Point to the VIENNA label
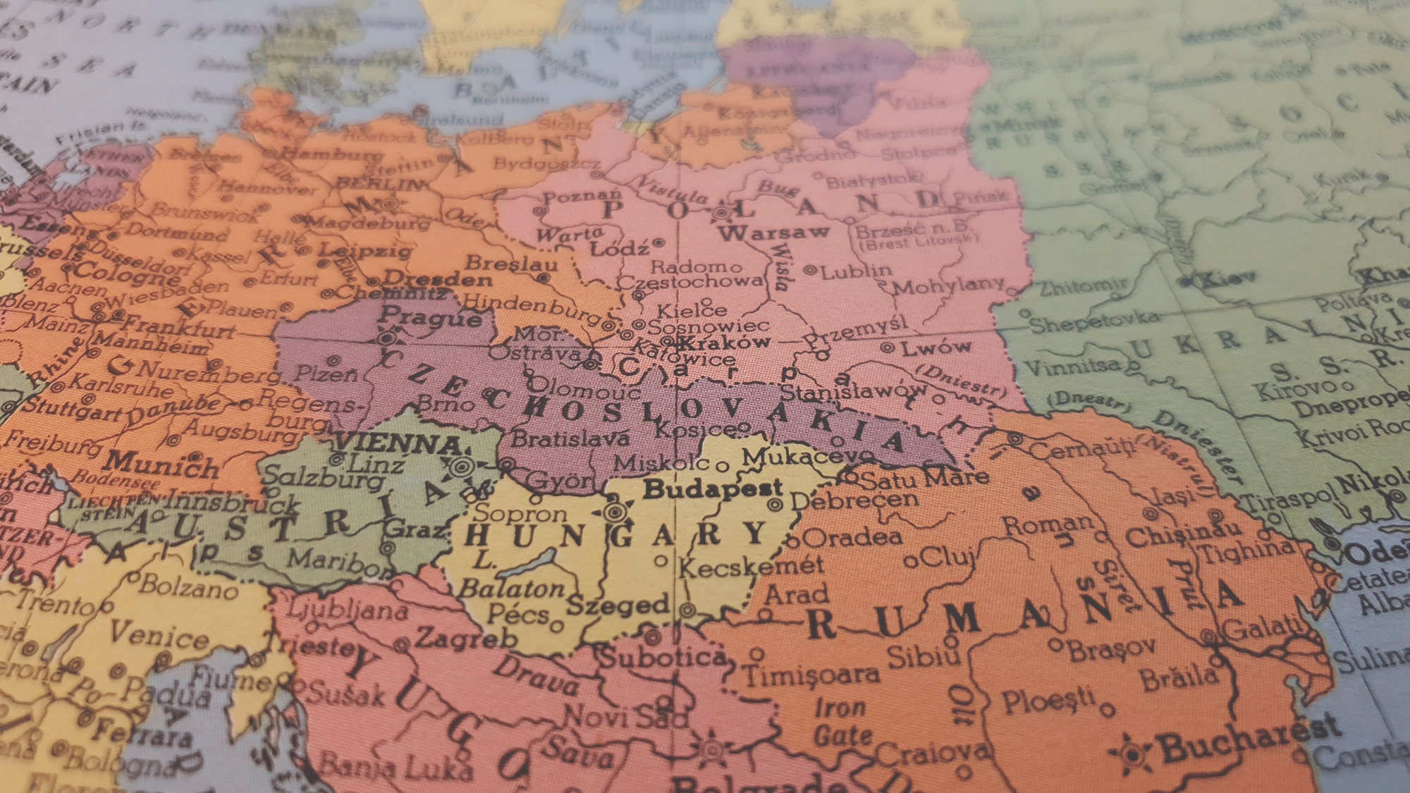[398, 443]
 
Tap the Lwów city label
[936, 347]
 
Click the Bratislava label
[570, 438]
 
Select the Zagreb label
[466, 638]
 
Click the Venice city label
[159, 634]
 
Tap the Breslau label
[512, 264]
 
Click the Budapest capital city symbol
[616, 510]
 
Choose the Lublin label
[856, 270]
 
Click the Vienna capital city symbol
[462, 465]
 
